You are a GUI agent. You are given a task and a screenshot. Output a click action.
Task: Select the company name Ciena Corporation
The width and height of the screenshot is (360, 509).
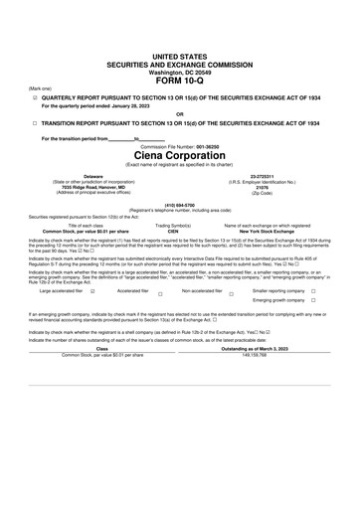(179, 156)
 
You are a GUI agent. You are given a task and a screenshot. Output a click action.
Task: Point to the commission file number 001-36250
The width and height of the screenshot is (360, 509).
(200, 146)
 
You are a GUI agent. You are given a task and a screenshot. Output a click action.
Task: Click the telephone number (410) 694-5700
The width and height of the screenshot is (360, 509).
(179, 206)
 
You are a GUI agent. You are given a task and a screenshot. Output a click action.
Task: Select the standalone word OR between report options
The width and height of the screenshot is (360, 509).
(179, 114)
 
